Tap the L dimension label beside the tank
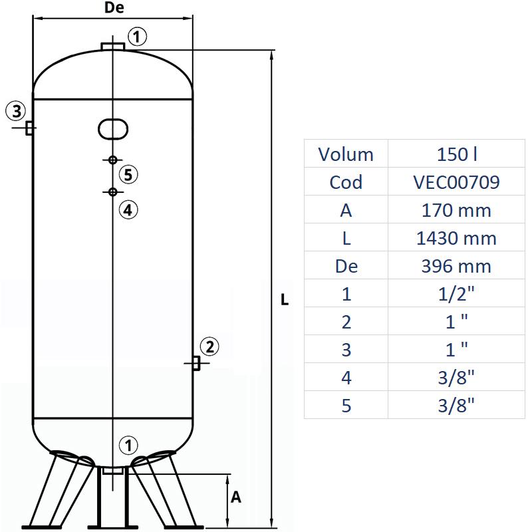pos(285,300)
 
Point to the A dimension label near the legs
pos(235,497)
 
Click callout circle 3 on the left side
pos(16,110)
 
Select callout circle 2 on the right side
pos(209,346)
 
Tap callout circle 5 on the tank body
pos(129,175)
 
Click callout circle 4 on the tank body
pos(128,209)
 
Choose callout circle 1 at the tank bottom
pos(128,445)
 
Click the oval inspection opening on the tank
pos(113,128)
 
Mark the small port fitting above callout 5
pos(113,160)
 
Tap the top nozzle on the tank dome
pos(113,45)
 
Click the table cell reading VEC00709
pos(456,182)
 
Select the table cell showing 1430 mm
pos(456,238)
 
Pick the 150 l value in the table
pos(456,154)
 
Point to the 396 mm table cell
pos(456,266)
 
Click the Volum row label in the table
pos(346,154)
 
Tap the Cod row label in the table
pos(346,182)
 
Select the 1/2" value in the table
pos(456,294)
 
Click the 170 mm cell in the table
pos(456,210)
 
